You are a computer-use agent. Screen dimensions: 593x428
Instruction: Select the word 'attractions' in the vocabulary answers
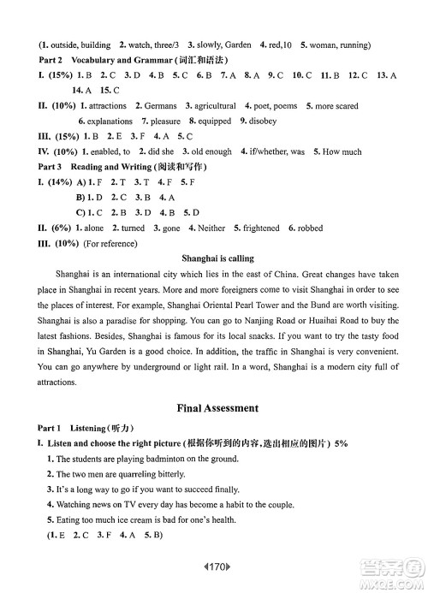pyautogui.click(x=108, y=106)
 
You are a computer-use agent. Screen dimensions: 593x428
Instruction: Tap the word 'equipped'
pyautogui.click(x=214, y=122)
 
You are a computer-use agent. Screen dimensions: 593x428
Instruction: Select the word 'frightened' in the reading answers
pyautogui.click(x=262, y=228)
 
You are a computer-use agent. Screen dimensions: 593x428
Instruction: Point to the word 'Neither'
pyautogui.click(x=211, y=228)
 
